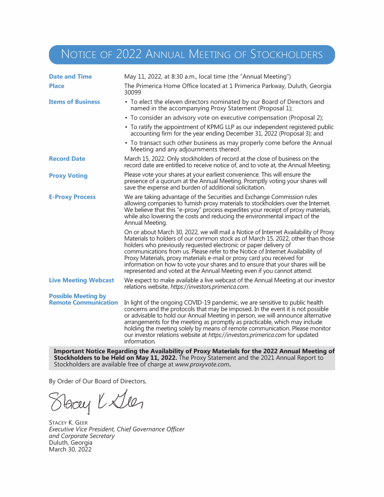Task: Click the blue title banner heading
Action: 192,54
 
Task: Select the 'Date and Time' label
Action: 70,77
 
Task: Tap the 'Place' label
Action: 56,86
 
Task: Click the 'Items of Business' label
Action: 74,102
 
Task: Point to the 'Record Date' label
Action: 67,159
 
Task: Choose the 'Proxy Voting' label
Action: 68,176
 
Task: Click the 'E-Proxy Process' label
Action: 72,197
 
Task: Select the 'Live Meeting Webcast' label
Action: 81,280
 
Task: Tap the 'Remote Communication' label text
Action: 83,302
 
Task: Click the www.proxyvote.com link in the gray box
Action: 202,365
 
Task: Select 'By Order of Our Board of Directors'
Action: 97,381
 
